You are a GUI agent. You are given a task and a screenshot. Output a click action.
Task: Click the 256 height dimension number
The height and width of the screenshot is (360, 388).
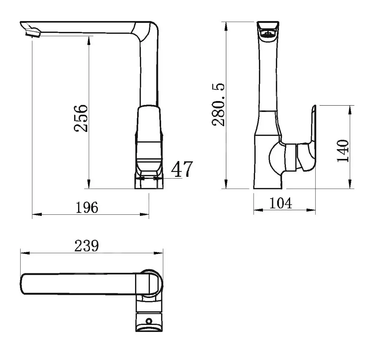(x=81, y=118)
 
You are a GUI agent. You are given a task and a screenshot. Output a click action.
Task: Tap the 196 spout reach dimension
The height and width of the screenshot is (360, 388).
(x=87, y=207)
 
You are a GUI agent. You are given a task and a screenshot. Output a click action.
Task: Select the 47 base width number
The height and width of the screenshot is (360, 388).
(x=182, y=169)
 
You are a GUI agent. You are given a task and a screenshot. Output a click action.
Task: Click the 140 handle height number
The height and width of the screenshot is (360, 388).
(x=343, y=151)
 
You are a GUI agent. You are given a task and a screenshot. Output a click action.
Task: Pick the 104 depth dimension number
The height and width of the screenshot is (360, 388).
(x=280, y=203)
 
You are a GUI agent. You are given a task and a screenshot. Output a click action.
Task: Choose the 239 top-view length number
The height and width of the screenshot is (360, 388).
(x=87, y=246)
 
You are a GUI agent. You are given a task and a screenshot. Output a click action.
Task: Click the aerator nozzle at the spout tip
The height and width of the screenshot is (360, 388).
(x=33, y=32)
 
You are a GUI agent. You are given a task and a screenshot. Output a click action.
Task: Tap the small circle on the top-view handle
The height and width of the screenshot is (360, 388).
(x=149, y=321)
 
